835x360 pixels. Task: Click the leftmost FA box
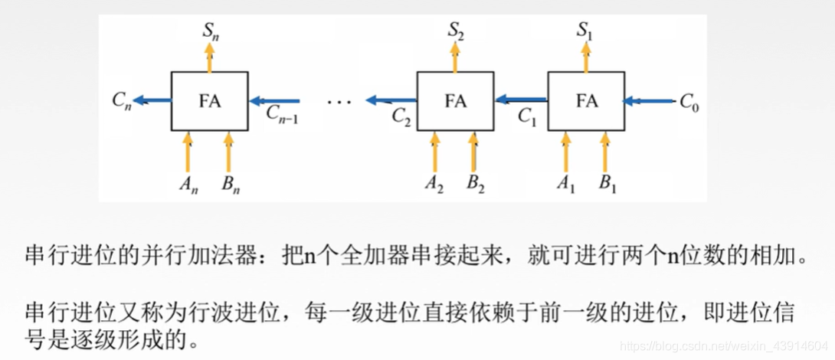(x=209, y=101)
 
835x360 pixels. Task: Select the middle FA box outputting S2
(x=455, y=101)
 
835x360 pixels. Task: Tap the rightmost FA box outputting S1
(x=586, y=101)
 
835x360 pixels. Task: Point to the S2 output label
(x=456, y=31)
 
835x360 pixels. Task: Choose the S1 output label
(x=587, y=31)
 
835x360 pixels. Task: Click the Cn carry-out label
(x=120, y=101)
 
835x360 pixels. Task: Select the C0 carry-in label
(x=689, y=102)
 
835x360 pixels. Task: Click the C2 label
(x=402, y=116)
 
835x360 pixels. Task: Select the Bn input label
(x=228, y=185)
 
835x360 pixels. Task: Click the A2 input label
(x=434, y=185)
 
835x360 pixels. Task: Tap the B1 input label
(x=607, y=185)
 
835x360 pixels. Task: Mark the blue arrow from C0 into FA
(x=649, y=100)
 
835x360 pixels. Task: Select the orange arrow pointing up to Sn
(x=209, y=57)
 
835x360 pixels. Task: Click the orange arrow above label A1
(x=566, y=152)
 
